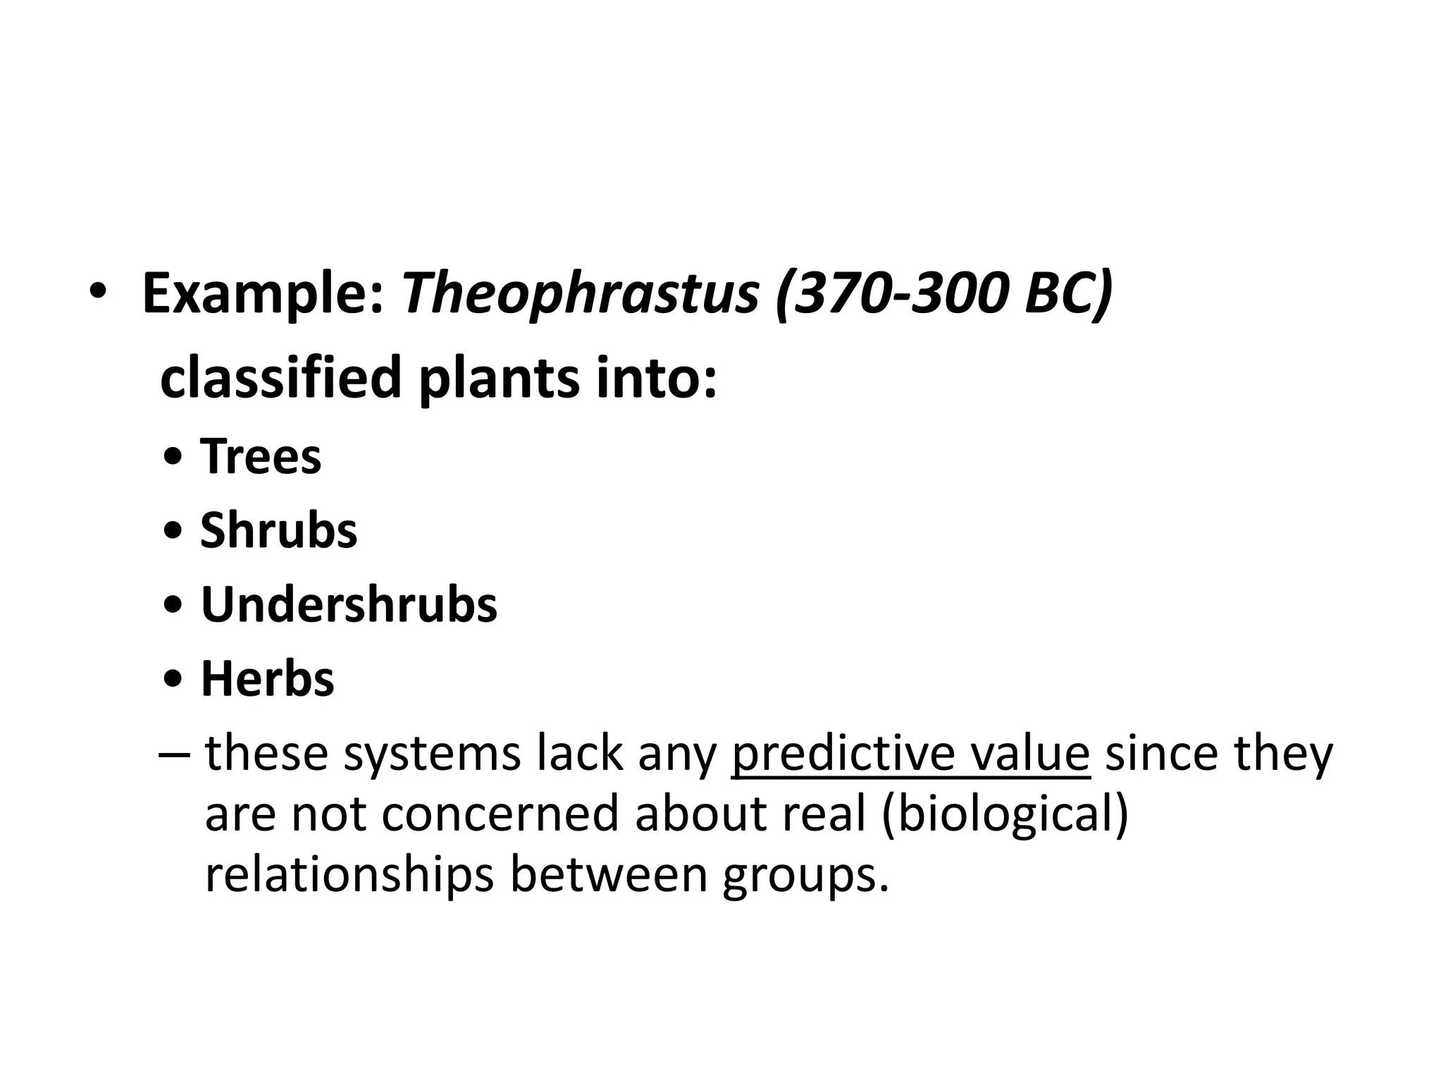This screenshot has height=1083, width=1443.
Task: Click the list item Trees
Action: tap(261, 456)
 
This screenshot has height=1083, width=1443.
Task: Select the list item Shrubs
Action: tap(279, 530)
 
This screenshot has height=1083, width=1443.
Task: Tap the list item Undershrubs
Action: tap(349, 604)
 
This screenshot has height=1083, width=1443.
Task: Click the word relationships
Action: tap(349, 875)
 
